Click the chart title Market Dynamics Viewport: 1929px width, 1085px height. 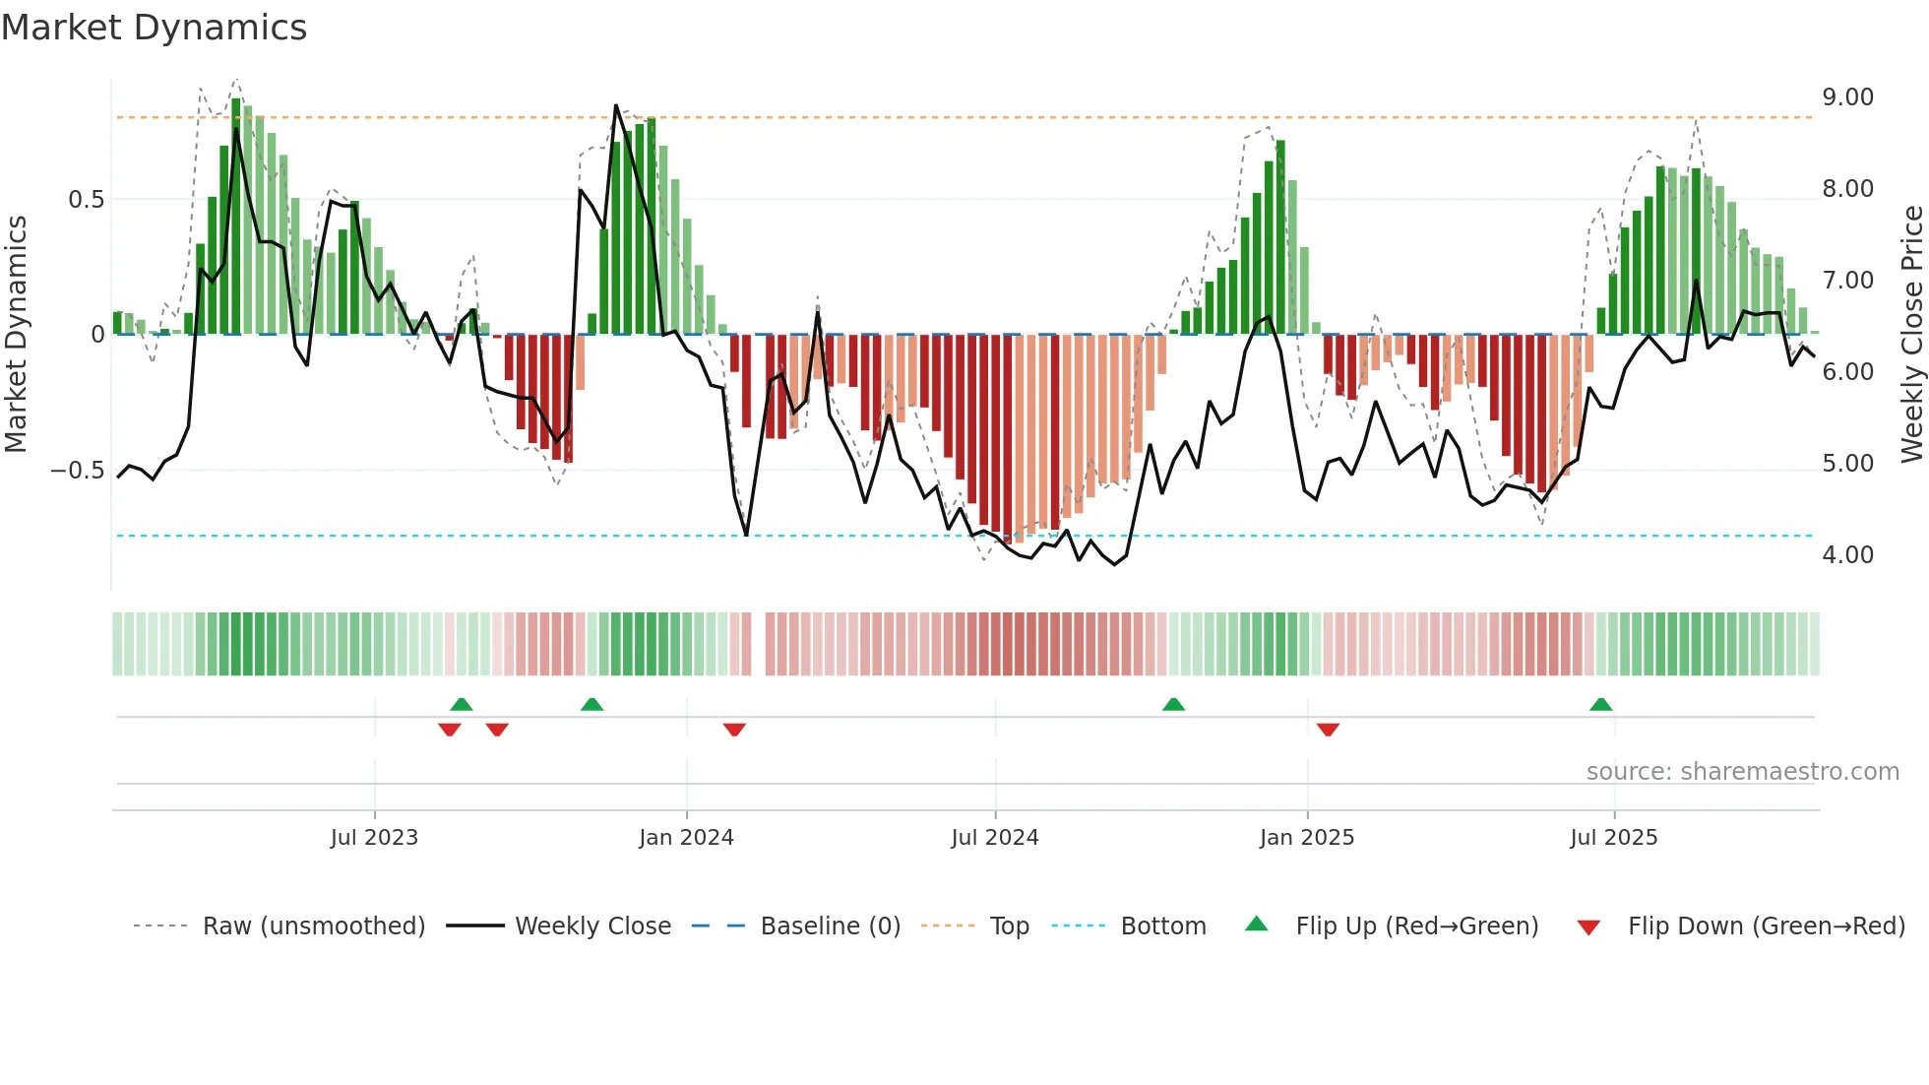pyautogui.click(x=154, y=28)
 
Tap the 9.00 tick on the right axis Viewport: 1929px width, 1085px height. pyautogui.click(x=1847, y=97)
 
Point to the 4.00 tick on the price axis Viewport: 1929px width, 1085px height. pyautogui.click(x=1847, y=555)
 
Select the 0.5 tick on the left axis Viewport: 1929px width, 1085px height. pyautogui.click(x=86, y=200)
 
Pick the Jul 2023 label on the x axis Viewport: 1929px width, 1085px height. pyautogui.click(x=374, y=838)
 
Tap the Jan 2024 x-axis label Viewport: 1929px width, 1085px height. pyautogui.click(x=686, y=838)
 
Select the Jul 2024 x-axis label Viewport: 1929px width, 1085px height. pyautogui.click(x=994, y=838)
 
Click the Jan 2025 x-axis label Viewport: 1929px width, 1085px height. pyautogui.click(x=1306, y=838)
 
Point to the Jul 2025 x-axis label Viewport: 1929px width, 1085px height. pyautogui.click(x=1613, y=838)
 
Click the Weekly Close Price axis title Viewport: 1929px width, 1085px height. pyautogui.click(x=1911, y=334)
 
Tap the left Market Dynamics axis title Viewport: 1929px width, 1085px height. pyautogui.click(x=16, y=334)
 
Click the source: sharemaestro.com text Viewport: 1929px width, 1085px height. pyautogui.click(x=1742, y=772)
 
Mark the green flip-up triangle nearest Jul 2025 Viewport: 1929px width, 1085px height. pyautogui.click(x=1600, y=704)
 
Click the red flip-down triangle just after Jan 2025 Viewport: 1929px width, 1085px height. pyautogui.click(x=1328, y=730)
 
